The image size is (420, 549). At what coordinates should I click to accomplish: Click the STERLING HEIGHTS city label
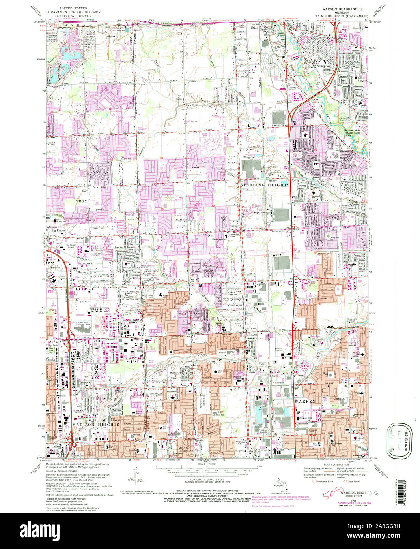click(265, 185)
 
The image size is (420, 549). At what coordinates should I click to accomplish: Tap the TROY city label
click(81, 201)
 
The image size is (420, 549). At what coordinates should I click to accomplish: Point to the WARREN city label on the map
click(304, 401)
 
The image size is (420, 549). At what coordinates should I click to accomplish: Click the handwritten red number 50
click(330, 493)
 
